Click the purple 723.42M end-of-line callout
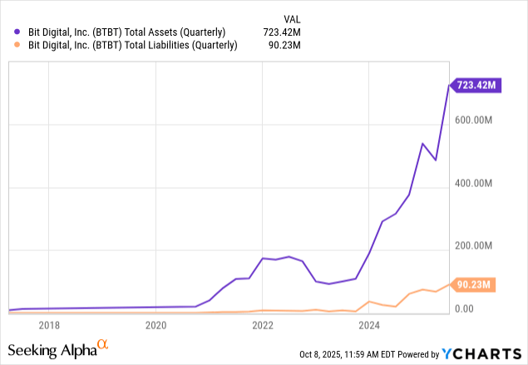(x=475, y=85)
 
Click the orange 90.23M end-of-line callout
(x=472, y=285)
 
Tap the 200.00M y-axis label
(x=476, y=247)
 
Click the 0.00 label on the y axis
(x=464, y=309)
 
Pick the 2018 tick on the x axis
(x=49, y=324)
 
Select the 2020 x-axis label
(x=156, y=324)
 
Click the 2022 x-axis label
(x=263, y=324)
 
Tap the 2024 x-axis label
(x=369, y=324)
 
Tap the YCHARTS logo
(x=486, y=354)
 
